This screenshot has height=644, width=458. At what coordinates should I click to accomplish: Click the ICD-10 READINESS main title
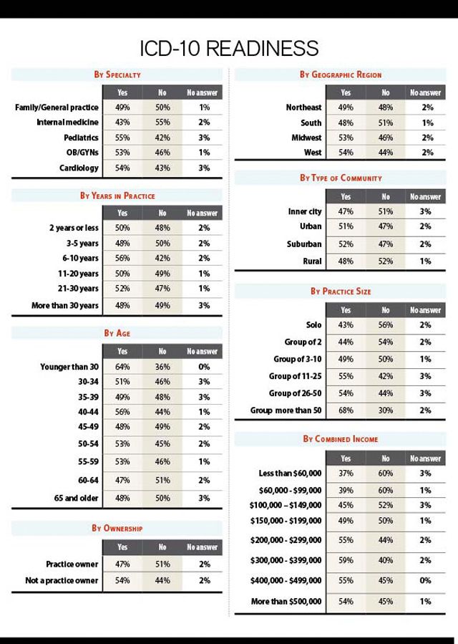tap(229, 48)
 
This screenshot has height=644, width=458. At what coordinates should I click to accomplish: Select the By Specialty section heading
tap(117, 75)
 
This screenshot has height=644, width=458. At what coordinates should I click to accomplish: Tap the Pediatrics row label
tap(81, 138)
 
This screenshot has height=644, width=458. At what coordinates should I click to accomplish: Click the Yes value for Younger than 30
tap(122, 367)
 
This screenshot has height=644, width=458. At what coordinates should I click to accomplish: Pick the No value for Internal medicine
tap(162, 122)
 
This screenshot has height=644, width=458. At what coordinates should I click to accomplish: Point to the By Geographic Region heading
tap(341, 75)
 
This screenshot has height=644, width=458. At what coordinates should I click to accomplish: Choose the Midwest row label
tap(306, 138)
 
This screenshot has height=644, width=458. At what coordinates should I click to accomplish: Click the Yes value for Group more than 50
tap(346, 410)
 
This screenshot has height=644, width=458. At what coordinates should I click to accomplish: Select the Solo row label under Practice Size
tap(313, 325)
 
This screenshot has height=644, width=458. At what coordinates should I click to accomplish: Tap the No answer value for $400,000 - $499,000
tap(426, 580)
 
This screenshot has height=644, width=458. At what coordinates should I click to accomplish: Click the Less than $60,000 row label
tap(290, 474)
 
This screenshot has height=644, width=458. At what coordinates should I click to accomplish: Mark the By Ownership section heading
tap(117, 529)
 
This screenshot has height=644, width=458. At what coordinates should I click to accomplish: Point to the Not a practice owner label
tap(62, 580)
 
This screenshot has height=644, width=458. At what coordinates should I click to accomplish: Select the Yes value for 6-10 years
tap(122, 259)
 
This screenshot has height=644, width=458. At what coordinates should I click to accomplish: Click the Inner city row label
tap(304, 212)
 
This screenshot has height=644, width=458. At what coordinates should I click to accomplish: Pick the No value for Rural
tap(386, 261)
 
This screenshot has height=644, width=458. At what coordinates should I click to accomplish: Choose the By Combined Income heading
tap(341, 438)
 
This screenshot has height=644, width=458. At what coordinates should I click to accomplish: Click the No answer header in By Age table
tap(203, 352)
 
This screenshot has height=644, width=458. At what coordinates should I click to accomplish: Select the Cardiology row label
tap(79, 168)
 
